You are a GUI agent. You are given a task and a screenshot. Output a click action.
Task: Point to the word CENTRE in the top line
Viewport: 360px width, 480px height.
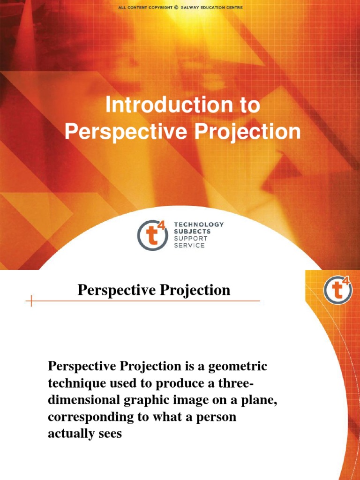(x=232, y=7)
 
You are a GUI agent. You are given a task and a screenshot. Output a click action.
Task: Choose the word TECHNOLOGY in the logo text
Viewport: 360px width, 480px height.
(x=199, y=225)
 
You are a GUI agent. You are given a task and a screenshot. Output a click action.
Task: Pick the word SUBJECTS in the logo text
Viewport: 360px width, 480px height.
(x=192, y=232)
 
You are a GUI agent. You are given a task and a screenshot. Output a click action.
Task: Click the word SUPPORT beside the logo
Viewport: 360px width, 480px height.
(x=190, y=239)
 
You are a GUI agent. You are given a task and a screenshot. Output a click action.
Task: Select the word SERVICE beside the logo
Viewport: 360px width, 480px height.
(x=189, y=246)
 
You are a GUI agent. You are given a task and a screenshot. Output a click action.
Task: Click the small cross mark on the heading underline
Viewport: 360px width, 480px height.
(x=31, y=301)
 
